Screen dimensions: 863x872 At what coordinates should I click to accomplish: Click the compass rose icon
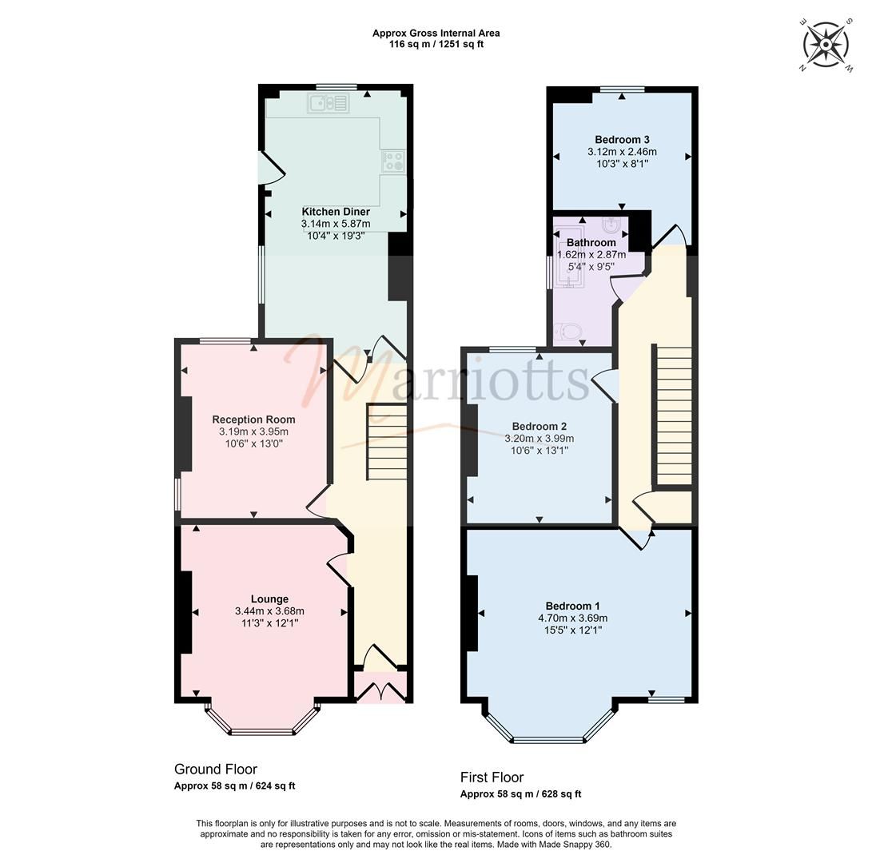point(826,44)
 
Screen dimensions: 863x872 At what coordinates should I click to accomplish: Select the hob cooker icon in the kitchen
point(392,161)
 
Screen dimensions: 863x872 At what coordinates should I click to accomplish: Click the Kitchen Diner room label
point(336,212)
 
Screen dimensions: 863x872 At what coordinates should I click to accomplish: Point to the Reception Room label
point(253,420)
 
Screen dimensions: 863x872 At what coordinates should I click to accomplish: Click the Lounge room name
point(269,599)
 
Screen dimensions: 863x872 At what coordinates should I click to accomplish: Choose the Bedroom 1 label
point(572,605)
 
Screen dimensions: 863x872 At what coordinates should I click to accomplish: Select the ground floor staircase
point(387,442)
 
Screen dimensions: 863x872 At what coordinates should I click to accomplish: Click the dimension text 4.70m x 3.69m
point(572,618)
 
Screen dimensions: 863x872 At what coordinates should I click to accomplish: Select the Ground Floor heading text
point(216,770)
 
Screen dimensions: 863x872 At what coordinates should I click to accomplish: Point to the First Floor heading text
point(492,777)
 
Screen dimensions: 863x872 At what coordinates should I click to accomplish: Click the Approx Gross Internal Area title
point(436,34)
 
